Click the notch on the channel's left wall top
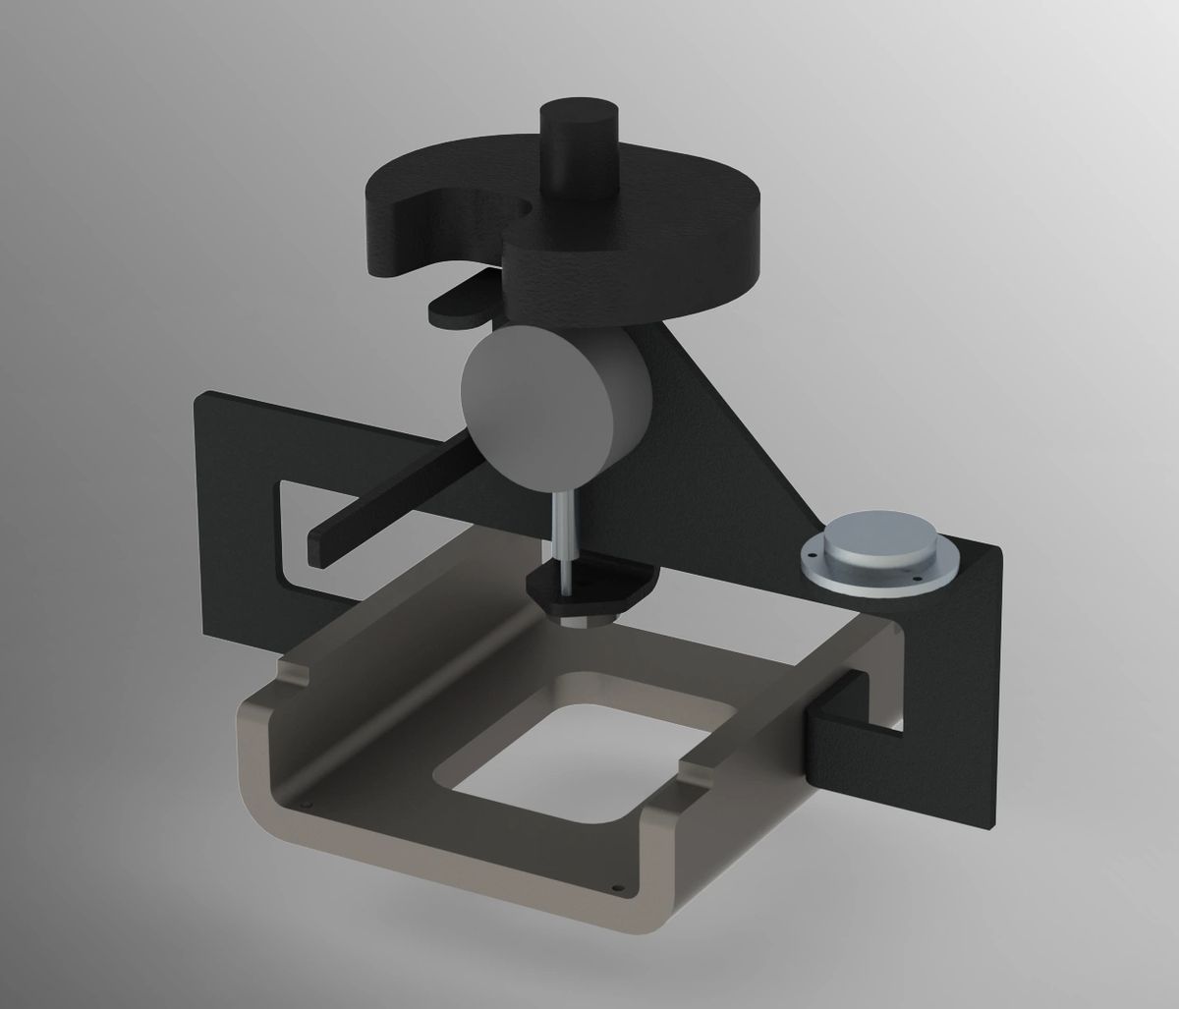[x=295, y=672]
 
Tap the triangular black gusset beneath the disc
[x=747, y=422]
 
